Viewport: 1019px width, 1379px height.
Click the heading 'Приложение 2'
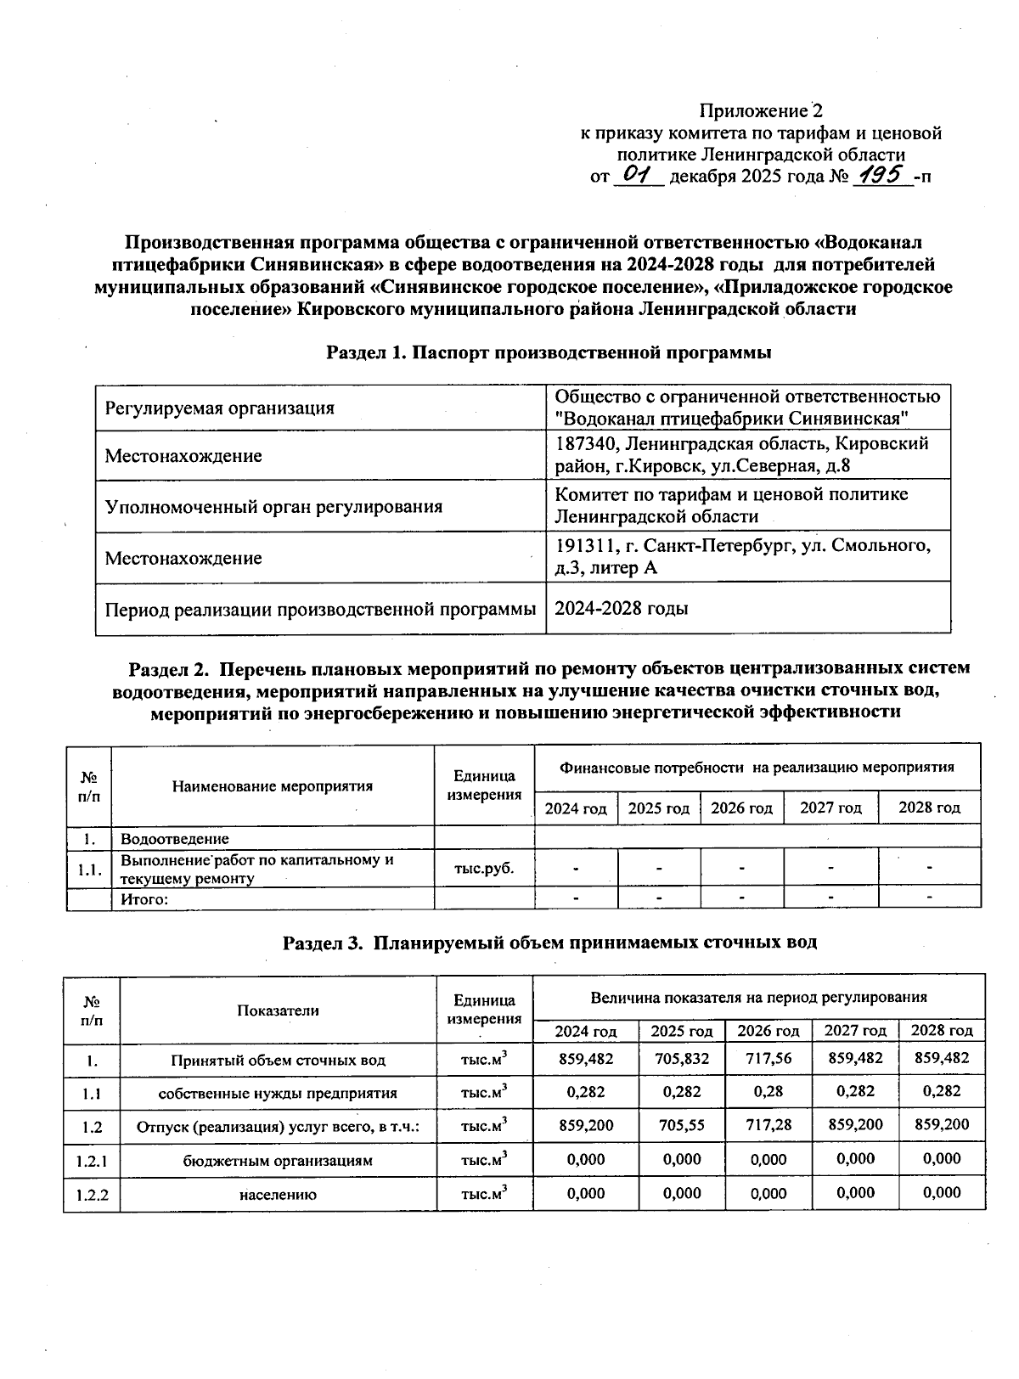tap(761, 110)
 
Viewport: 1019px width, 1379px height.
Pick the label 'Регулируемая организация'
tap(219, 408)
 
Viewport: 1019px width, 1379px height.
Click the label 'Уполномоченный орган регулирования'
tap(273, 507)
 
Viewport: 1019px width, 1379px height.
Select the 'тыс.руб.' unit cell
tap(484, 869)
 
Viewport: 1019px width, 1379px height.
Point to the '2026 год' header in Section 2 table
tap(741, 808)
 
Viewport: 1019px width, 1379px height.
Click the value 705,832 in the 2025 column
tap(682, 1058)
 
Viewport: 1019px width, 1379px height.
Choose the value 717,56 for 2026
tap(768, 1058)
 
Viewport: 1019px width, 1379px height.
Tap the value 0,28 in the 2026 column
tap(768, 1091)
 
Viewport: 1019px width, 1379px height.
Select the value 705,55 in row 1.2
tap(682, 1124)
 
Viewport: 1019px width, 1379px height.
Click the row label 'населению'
tap(278, 1194)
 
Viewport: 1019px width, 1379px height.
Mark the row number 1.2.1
tap(92, 1160)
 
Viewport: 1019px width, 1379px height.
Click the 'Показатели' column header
tap(278, 1010)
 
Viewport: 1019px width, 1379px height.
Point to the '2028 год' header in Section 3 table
tap(942, 1030)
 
